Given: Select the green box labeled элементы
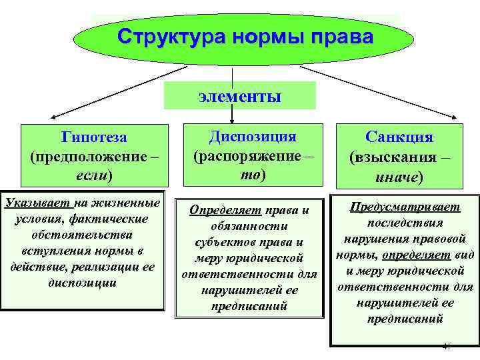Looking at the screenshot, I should tap(239, 96).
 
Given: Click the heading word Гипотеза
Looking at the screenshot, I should tap(94, 137).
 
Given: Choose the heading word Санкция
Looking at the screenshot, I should tap(400, 137).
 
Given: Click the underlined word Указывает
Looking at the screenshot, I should tap(34, 202).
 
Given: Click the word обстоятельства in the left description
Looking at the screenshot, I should tap(85, 235).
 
